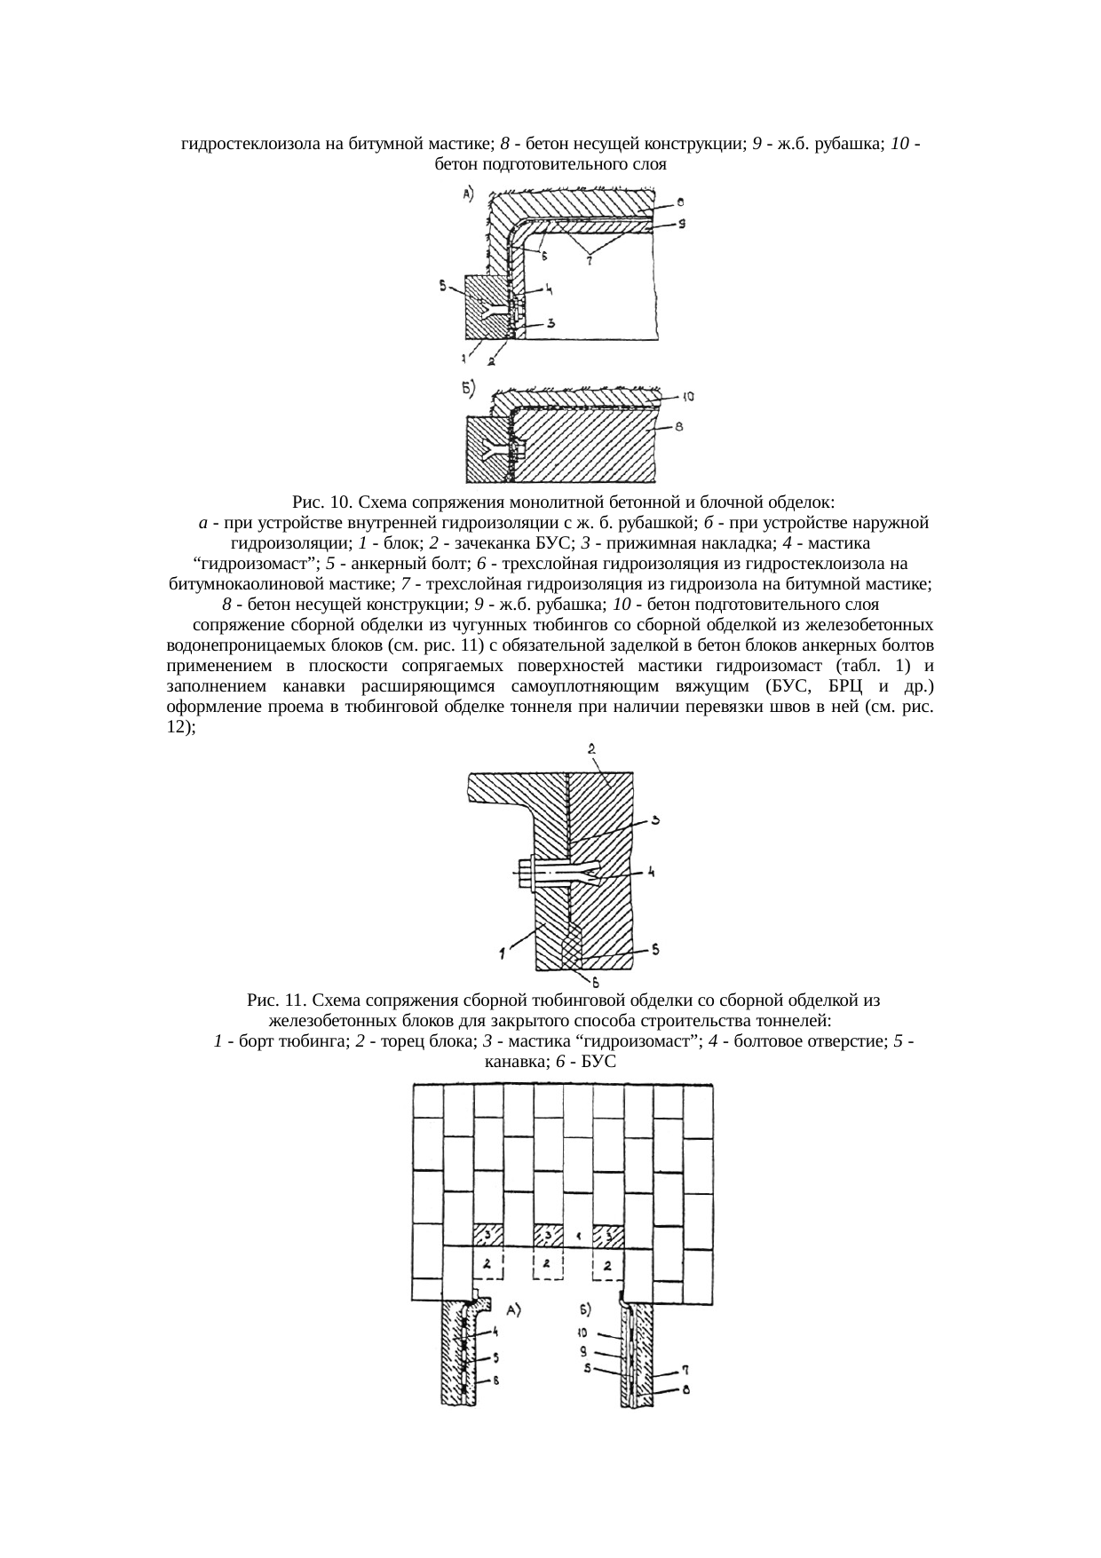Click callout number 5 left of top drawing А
click(442, 285)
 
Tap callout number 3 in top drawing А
click(550, 324)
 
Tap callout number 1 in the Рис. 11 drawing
click(503, 954)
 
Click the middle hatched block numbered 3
click(548, 1235)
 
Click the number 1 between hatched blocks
click(578, 1235)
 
